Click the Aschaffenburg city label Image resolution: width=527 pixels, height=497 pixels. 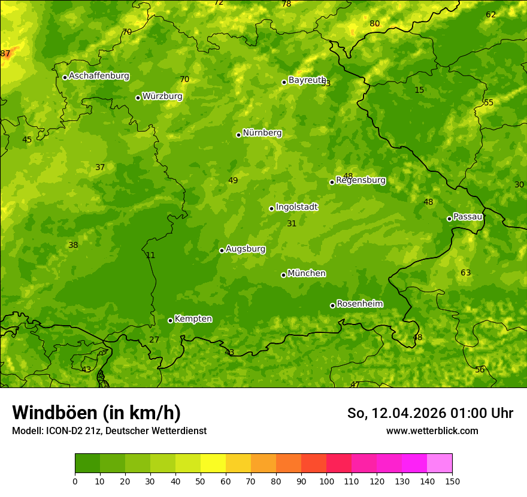pos(99,76)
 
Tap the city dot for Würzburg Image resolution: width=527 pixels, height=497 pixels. pos(138,98)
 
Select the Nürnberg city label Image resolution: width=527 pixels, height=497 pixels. pos(262,133)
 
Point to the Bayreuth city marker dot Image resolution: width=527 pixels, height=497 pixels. pos(284,82)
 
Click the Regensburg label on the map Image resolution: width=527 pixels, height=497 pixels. pos(361,180)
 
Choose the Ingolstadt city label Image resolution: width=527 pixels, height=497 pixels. pos(296,207)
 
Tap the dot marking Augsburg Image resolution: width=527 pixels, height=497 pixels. pos(222,250)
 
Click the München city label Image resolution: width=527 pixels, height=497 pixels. pos(307,274)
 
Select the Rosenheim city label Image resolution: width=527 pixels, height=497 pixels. pos(359,304)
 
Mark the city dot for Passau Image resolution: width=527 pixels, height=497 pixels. pos(449,219)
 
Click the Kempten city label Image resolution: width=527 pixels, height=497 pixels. pos(193,319)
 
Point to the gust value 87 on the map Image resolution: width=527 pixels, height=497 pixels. pos(5,54)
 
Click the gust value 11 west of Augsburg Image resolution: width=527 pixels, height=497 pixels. pos(150,255)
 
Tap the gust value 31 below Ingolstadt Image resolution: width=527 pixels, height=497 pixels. pos(292,223)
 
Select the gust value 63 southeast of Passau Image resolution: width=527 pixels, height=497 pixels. pos(465,273)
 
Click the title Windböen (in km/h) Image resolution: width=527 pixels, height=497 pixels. pos(96,413)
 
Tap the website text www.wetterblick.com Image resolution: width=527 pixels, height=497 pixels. pos(432,431)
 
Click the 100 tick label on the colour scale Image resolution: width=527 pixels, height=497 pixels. pos(326,481)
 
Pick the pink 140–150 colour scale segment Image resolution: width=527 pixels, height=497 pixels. pos(440,463)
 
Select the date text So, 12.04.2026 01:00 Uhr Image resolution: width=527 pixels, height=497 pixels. pos(430,413)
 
